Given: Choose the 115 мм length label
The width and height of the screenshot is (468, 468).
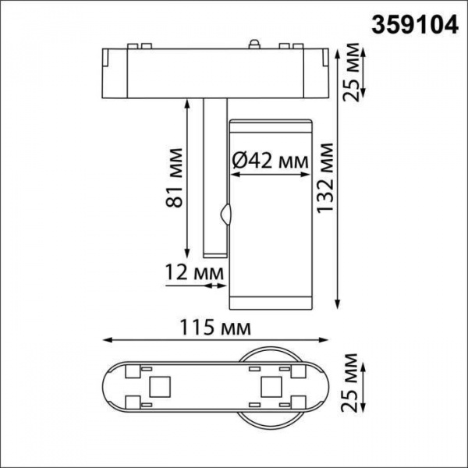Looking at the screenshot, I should point(214,325).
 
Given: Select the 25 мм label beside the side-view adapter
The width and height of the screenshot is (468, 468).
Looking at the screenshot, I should point(353,74).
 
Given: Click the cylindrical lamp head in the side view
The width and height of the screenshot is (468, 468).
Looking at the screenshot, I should point(270,211).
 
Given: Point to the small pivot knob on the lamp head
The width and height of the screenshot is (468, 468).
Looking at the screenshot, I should point(227,214).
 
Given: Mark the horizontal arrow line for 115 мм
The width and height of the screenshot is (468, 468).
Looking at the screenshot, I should point(214,339).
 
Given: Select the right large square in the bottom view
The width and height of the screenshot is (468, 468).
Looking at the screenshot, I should point(271,385).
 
